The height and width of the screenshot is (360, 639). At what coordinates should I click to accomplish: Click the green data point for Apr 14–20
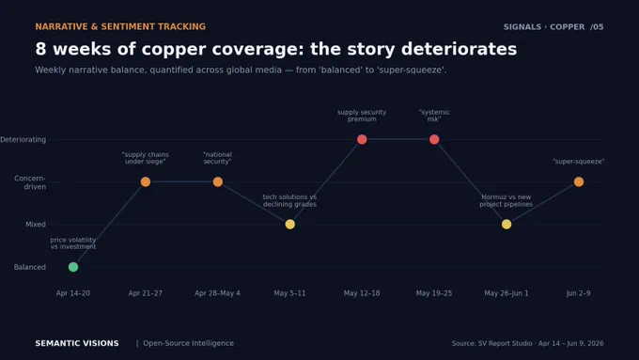point(73,267)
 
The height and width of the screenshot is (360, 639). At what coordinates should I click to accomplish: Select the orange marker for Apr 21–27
point(146,181)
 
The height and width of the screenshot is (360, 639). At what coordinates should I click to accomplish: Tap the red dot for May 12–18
point(362,139)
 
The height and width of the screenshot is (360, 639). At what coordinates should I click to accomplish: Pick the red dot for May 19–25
point(434,139)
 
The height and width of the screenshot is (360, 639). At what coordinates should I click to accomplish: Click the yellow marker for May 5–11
point(290,225)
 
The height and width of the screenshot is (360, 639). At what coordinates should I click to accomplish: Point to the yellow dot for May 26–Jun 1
point(507,225)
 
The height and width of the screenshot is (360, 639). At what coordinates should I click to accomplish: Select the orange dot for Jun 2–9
point(579,181)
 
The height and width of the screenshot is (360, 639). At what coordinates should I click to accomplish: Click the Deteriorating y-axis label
point(23,139)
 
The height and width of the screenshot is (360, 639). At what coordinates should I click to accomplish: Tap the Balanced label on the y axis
point(30,267)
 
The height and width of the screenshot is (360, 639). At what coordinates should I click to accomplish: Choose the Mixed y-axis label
point(36,225)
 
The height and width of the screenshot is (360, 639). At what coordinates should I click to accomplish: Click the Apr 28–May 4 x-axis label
point(218,293)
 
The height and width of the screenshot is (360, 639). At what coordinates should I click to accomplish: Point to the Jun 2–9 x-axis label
point(579,293)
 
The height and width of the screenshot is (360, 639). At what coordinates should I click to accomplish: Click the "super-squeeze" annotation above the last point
point(579,162)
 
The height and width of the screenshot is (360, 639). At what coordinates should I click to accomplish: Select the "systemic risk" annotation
point(434,116)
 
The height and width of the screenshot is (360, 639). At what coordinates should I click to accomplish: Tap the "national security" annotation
point(218,158)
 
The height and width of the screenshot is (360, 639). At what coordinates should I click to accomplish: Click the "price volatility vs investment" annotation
point(73,243)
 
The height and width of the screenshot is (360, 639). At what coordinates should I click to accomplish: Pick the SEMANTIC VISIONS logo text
point(77,343)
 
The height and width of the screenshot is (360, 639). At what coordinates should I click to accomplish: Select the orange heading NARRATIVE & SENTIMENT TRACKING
point(120,26)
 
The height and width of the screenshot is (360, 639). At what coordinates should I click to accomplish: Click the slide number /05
point(597,27)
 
